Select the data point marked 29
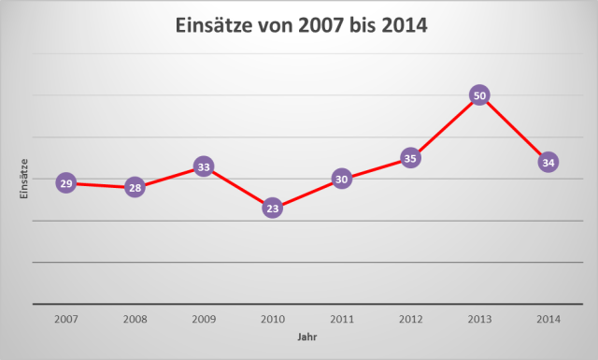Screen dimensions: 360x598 pos(65,183)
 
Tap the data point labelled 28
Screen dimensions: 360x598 pos(135,188)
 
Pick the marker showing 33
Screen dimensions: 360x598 pos(204,166)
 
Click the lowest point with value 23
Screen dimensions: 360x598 pos(273,209)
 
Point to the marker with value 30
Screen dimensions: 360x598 pos(342,180)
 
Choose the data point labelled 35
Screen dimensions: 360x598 pos(410,158)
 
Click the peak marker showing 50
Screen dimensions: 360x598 pos(479,95)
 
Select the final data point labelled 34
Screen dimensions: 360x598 pos(548,163)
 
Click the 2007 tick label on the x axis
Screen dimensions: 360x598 pos(65,318)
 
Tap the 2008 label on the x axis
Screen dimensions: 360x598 pos(135,318)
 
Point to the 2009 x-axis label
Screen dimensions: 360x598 pos(204,318)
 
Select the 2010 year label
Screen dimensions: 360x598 pos(273,318)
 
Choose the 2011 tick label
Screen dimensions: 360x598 pos(342,318)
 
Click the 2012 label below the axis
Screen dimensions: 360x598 pos(410,318)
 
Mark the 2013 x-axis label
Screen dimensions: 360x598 pos(479,318)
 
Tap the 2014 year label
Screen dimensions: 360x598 pos(548,318)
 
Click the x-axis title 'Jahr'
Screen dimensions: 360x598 pos(306,336)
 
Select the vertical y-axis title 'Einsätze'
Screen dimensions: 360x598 pos(24,177)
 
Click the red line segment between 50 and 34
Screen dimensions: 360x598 pos(514,129)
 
